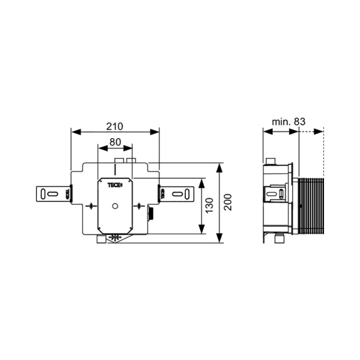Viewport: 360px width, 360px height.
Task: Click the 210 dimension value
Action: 114,126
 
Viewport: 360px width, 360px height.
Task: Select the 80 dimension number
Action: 115,142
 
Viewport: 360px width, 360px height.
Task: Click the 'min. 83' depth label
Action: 288,122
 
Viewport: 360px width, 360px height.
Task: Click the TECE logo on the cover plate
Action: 115,185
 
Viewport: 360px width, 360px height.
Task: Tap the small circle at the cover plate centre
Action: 114,206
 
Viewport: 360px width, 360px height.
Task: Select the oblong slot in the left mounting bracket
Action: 53,194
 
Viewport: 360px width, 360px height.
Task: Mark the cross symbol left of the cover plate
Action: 91,206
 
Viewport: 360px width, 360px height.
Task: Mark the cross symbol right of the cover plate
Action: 139,206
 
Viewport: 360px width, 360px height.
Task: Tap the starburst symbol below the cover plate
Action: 115,237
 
